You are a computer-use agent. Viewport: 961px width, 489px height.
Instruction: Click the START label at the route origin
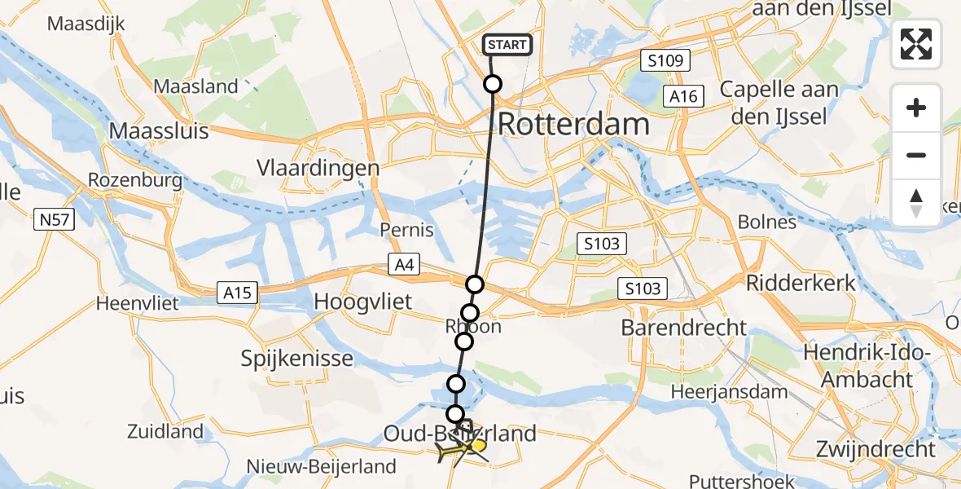508,45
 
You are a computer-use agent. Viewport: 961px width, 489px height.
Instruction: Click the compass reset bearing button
916,203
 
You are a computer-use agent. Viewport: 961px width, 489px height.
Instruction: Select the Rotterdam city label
573,125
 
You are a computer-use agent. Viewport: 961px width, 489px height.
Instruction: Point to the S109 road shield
665,60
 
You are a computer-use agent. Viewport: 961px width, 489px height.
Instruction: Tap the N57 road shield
55,218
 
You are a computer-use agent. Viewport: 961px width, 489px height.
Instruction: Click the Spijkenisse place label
296,358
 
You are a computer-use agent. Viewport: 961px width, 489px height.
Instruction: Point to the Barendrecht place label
683,328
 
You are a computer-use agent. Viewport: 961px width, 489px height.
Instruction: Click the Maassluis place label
160,130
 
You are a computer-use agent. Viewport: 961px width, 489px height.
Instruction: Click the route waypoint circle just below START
493,84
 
